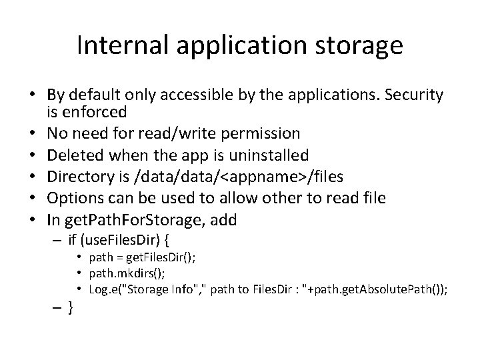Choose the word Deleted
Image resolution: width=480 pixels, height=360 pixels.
[78, 155]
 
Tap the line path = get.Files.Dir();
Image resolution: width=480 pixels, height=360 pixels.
[142, 258]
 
